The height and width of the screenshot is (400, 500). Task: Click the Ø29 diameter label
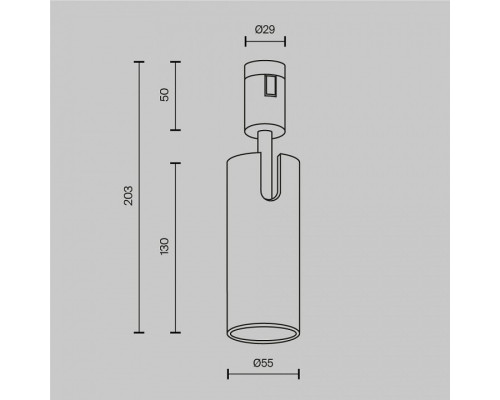pyautogui.click(x=265, y=30)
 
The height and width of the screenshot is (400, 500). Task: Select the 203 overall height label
pyautogui.click(x=128, y=196)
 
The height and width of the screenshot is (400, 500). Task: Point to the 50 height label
pyautogui.click(x=165, y=96)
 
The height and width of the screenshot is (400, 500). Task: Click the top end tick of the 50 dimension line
pyautogui.click(x=176, y=62)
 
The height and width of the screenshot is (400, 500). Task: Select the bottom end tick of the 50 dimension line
pyautogui.click(x=176, y=129)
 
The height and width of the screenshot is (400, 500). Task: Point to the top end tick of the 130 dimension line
pyautogui.click(x=176, y=160)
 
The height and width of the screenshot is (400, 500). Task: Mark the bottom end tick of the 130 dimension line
pyautogui.click(x=176, y=331)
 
